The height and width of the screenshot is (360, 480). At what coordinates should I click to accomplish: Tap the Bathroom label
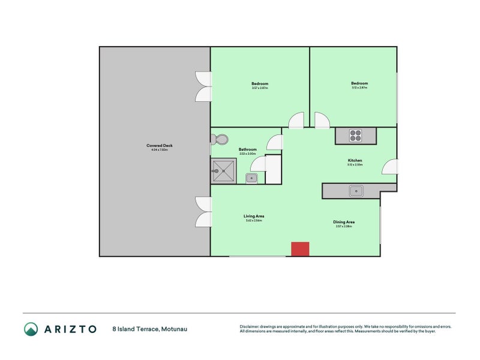pos(248,149)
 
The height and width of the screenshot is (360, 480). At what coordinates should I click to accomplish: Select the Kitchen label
pos(355,160)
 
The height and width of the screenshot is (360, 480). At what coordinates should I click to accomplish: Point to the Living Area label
pos(254,216)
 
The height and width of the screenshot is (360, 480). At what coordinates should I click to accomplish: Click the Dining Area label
pos(344,222)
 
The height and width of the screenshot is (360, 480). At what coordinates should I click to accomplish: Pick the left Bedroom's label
pos(260,83)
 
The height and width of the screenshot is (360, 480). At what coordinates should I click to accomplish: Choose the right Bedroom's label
pos(359,83)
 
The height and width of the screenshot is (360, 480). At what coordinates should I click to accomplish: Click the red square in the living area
pos(299,249)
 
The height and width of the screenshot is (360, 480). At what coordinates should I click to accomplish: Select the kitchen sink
pos(357,191)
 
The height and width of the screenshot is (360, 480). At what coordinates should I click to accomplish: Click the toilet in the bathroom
pos(218,139)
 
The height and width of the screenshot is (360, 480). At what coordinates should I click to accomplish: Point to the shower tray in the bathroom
pos(223,170)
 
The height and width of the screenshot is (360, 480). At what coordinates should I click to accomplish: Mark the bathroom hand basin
pos(252,177)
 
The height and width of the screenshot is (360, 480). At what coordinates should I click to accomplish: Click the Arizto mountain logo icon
pos(31,329)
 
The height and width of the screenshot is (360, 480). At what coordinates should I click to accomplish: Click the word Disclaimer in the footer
pos(251,326)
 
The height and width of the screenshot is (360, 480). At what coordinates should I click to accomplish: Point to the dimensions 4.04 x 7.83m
pos(160,150)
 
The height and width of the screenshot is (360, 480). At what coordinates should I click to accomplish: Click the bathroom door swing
pos(275,143)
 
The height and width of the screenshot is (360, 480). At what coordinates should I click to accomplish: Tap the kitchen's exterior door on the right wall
pos(389,167)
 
